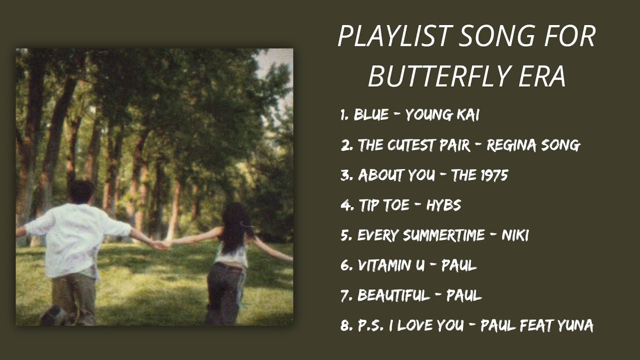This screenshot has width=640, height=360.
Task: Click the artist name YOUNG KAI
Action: pos(442,115)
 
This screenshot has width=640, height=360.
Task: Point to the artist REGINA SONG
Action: pos(533,145)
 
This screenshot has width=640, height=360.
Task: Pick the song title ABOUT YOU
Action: pos(396,175)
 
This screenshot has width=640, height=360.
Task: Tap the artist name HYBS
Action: pos(443,205)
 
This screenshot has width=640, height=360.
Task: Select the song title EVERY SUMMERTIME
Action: pos(421,235)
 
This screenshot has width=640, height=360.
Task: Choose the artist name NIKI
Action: pos(515,235)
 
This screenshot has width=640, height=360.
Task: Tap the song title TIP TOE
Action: pos(383,205)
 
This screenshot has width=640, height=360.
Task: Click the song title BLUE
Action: pos(371,115)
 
